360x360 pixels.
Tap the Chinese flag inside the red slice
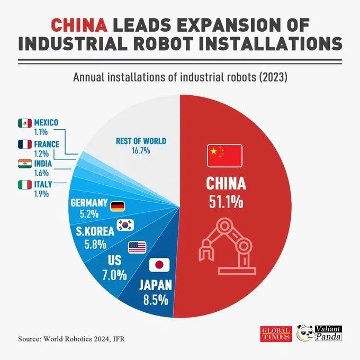(224, 154)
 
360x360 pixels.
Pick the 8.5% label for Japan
(155, 299)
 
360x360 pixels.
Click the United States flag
(137, 246)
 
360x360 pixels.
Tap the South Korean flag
(126, 225)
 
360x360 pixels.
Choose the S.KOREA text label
(95, 231)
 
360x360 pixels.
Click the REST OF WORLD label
(140, 141)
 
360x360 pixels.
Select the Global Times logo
(275, 334)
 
